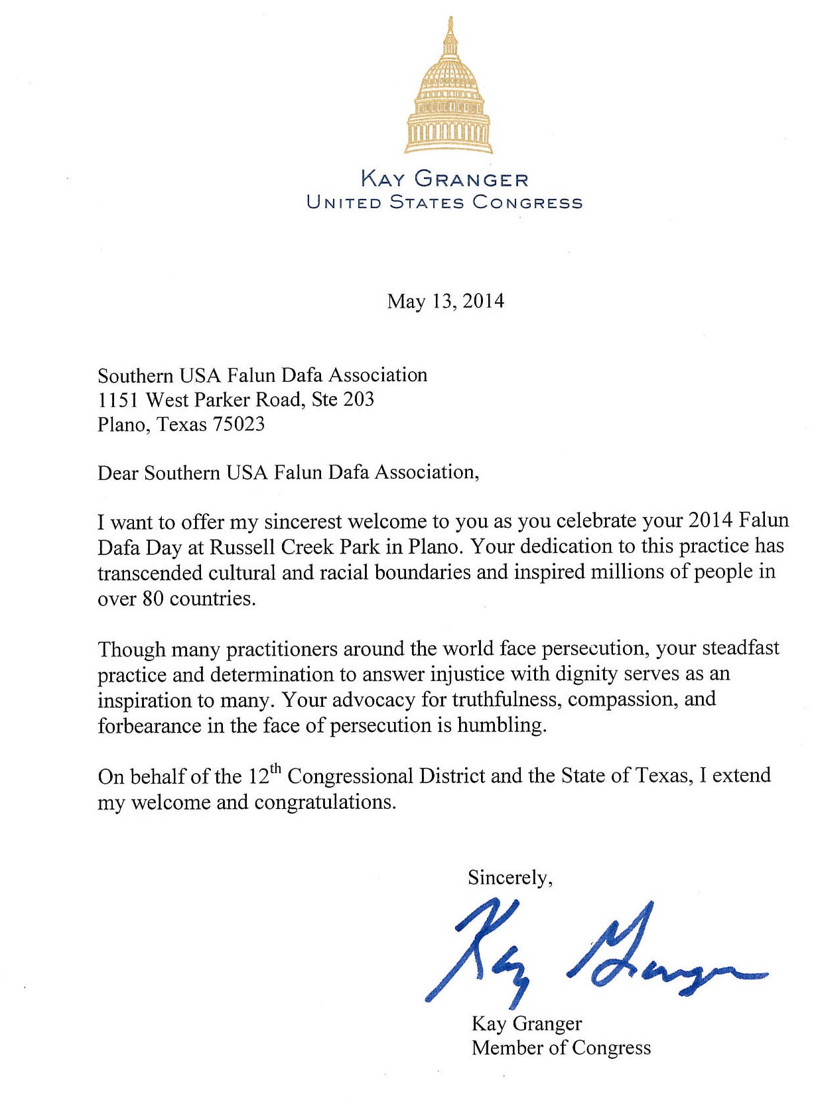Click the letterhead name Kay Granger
click(444, 180)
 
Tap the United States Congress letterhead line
click(444, 202)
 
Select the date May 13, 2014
click(445, 302)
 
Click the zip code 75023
click(238, 424)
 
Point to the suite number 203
click(358, 399)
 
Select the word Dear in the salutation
click(118, 473)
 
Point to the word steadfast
click(740, 648)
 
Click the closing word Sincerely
click(509, 879)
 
